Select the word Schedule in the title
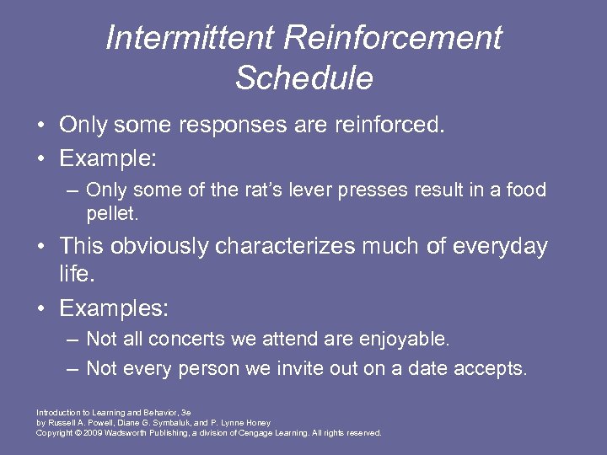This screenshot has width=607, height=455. tap(303, 78)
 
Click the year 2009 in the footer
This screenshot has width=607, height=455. tap(92, 433)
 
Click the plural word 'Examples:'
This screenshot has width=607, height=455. tap(113, 309)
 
